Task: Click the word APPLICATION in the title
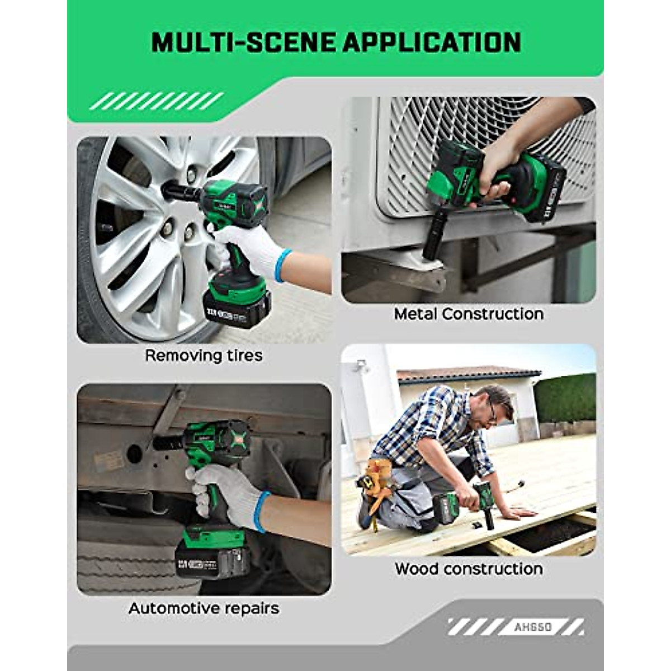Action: (432, 42)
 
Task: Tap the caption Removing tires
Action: (204, 356)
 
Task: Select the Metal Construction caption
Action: (469, 314)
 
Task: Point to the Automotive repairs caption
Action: (204, 608)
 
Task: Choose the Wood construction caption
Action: (469, 569)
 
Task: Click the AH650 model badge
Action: (532, 627)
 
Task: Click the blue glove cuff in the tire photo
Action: (283, 264)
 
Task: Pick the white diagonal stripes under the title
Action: (156, 101)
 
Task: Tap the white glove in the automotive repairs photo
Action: (226, 492)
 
